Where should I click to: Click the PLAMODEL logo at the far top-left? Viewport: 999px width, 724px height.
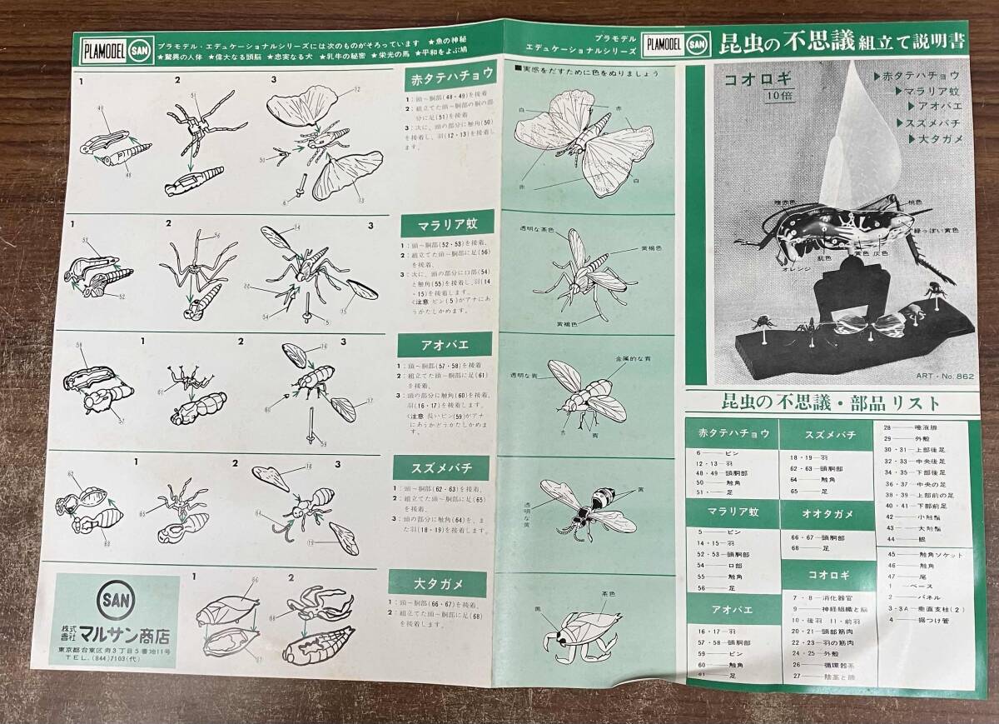(102, 46)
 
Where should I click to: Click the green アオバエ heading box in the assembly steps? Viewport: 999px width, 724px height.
(438, 344)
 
